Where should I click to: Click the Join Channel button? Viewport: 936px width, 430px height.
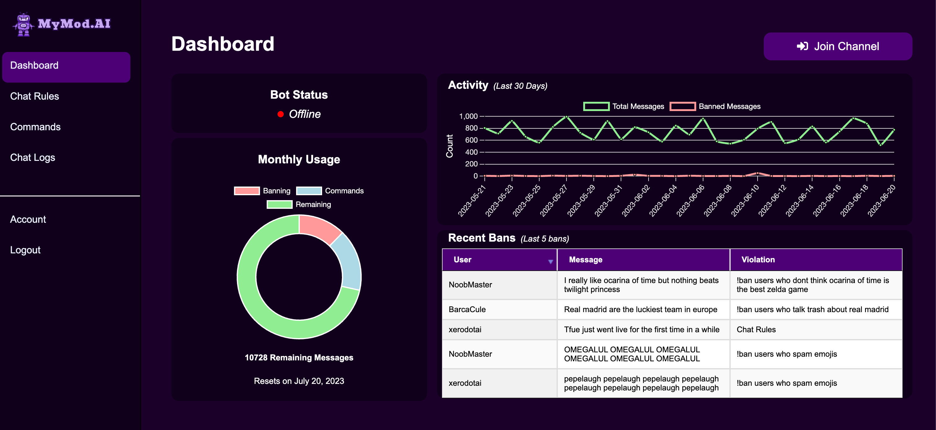(x=838, y=46)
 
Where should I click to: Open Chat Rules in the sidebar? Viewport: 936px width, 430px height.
(x=34, y=96)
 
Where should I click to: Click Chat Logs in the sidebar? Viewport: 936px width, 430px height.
(x=33, y=157)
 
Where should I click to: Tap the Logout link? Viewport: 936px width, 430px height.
(x=25, y=250)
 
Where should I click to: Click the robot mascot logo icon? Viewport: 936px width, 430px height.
(x=23, y=24)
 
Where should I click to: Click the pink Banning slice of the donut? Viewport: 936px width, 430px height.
(x=318, y=228)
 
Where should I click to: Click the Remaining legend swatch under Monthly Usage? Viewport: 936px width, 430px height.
(x=279, y=205)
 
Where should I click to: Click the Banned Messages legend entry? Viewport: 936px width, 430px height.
(x=715, y=106)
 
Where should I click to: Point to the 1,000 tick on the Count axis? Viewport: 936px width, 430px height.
(x=468, y=117)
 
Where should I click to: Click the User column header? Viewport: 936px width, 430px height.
(x=462, y=260)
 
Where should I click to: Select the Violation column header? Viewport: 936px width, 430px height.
(x=758, y=260)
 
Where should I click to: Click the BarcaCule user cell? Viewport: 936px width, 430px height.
(x=467, y=310)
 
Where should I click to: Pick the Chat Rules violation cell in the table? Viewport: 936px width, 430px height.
(x=756, y=329)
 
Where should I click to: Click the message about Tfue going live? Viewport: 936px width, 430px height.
(x=641, y=329)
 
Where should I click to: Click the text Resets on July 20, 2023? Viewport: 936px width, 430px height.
(x=299, y=381)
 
